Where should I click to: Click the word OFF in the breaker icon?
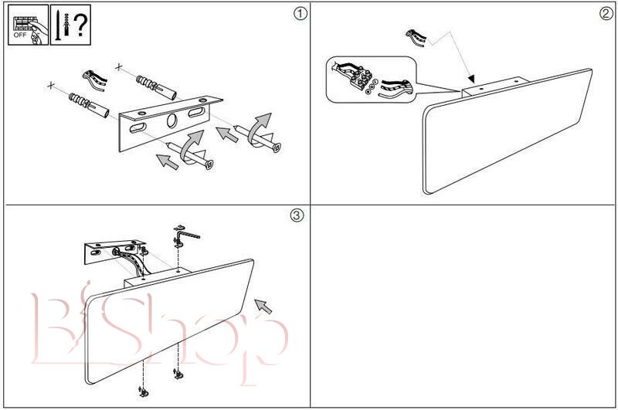[19, 36]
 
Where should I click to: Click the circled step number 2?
[605, 13]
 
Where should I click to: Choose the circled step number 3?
[296, 215]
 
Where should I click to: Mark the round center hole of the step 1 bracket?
[171, 120]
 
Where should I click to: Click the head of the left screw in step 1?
[208, 164]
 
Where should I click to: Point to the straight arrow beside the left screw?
[165, 161]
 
